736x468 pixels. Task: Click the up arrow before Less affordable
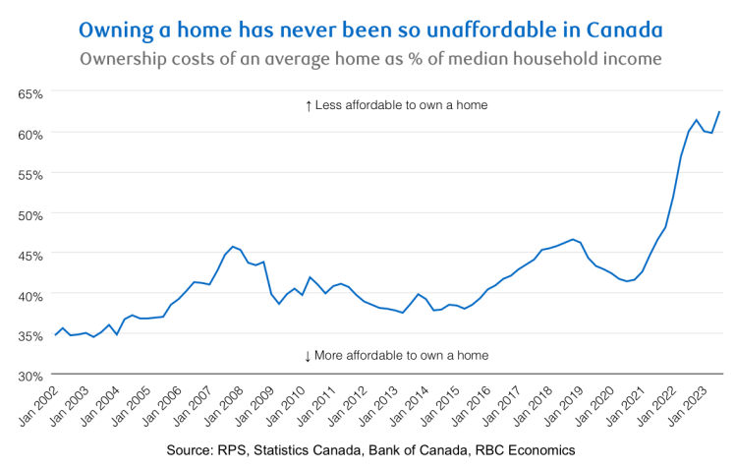click(309, 105)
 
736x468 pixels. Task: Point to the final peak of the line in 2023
click(719, 111)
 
